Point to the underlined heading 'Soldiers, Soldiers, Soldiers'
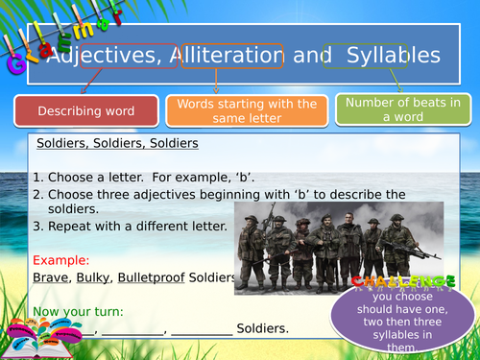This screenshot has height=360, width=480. click(117, 144)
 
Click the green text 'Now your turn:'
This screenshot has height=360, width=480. click(73, 311)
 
